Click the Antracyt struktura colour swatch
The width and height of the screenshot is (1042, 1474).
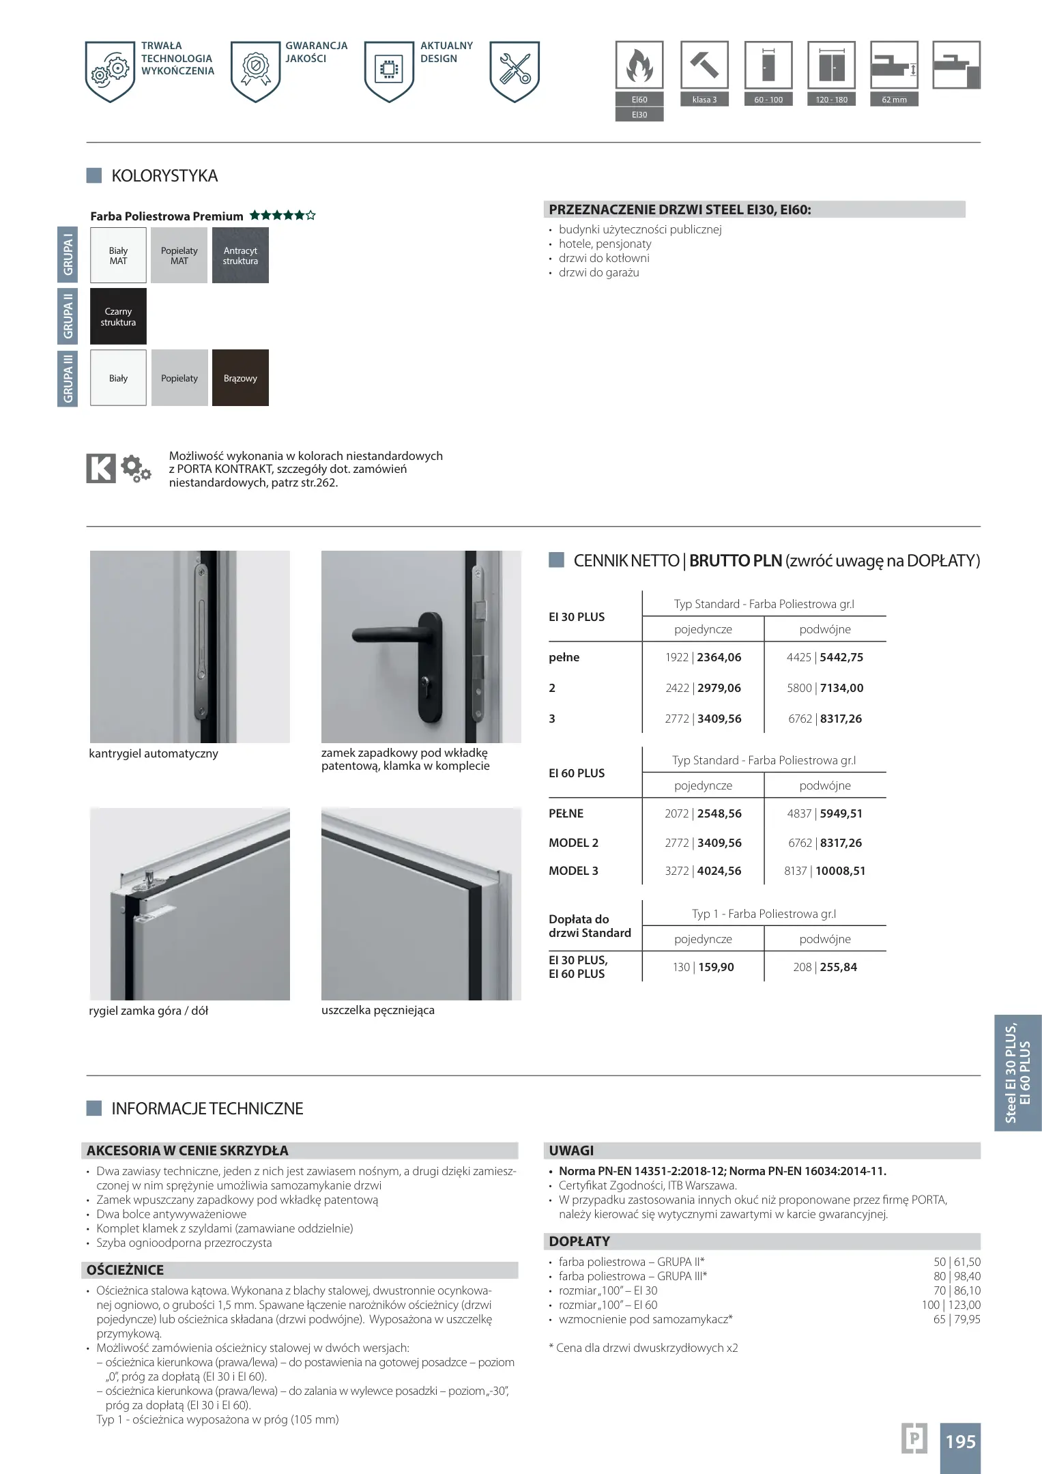240,255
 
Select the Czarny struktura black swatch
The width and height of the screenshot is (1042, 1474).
118,316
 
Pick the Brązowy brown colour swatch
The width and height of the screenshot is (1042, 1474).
240,378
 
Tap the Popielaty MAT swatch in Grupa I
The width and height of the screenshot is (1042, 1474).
179,255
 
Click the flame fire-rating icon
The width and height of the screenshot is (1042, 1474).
639,66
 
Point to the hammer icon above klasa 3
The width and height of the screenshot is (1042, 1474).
704,65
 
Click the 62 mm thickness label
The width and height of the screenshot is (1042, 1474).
894,100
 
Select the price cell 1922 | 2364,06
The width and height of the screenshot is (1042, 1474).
703,657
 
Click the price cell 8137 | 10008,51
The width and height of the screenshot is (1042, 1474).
824,871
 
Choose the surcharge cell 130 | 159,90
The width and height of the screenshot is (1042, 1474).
703,967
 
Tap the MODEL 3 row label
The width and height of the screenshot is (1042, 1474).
573,871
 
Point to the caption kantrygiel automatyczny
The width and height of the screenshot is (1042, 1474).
154,753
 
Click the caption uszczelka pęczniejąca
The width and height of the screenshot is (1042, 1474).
377,1010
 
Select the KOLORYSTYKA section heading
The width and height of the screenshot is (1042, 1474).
164,175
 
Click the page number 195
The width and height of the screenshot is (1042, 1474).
960,1441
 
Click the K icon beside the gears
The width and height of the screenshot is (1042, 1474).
101,468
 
